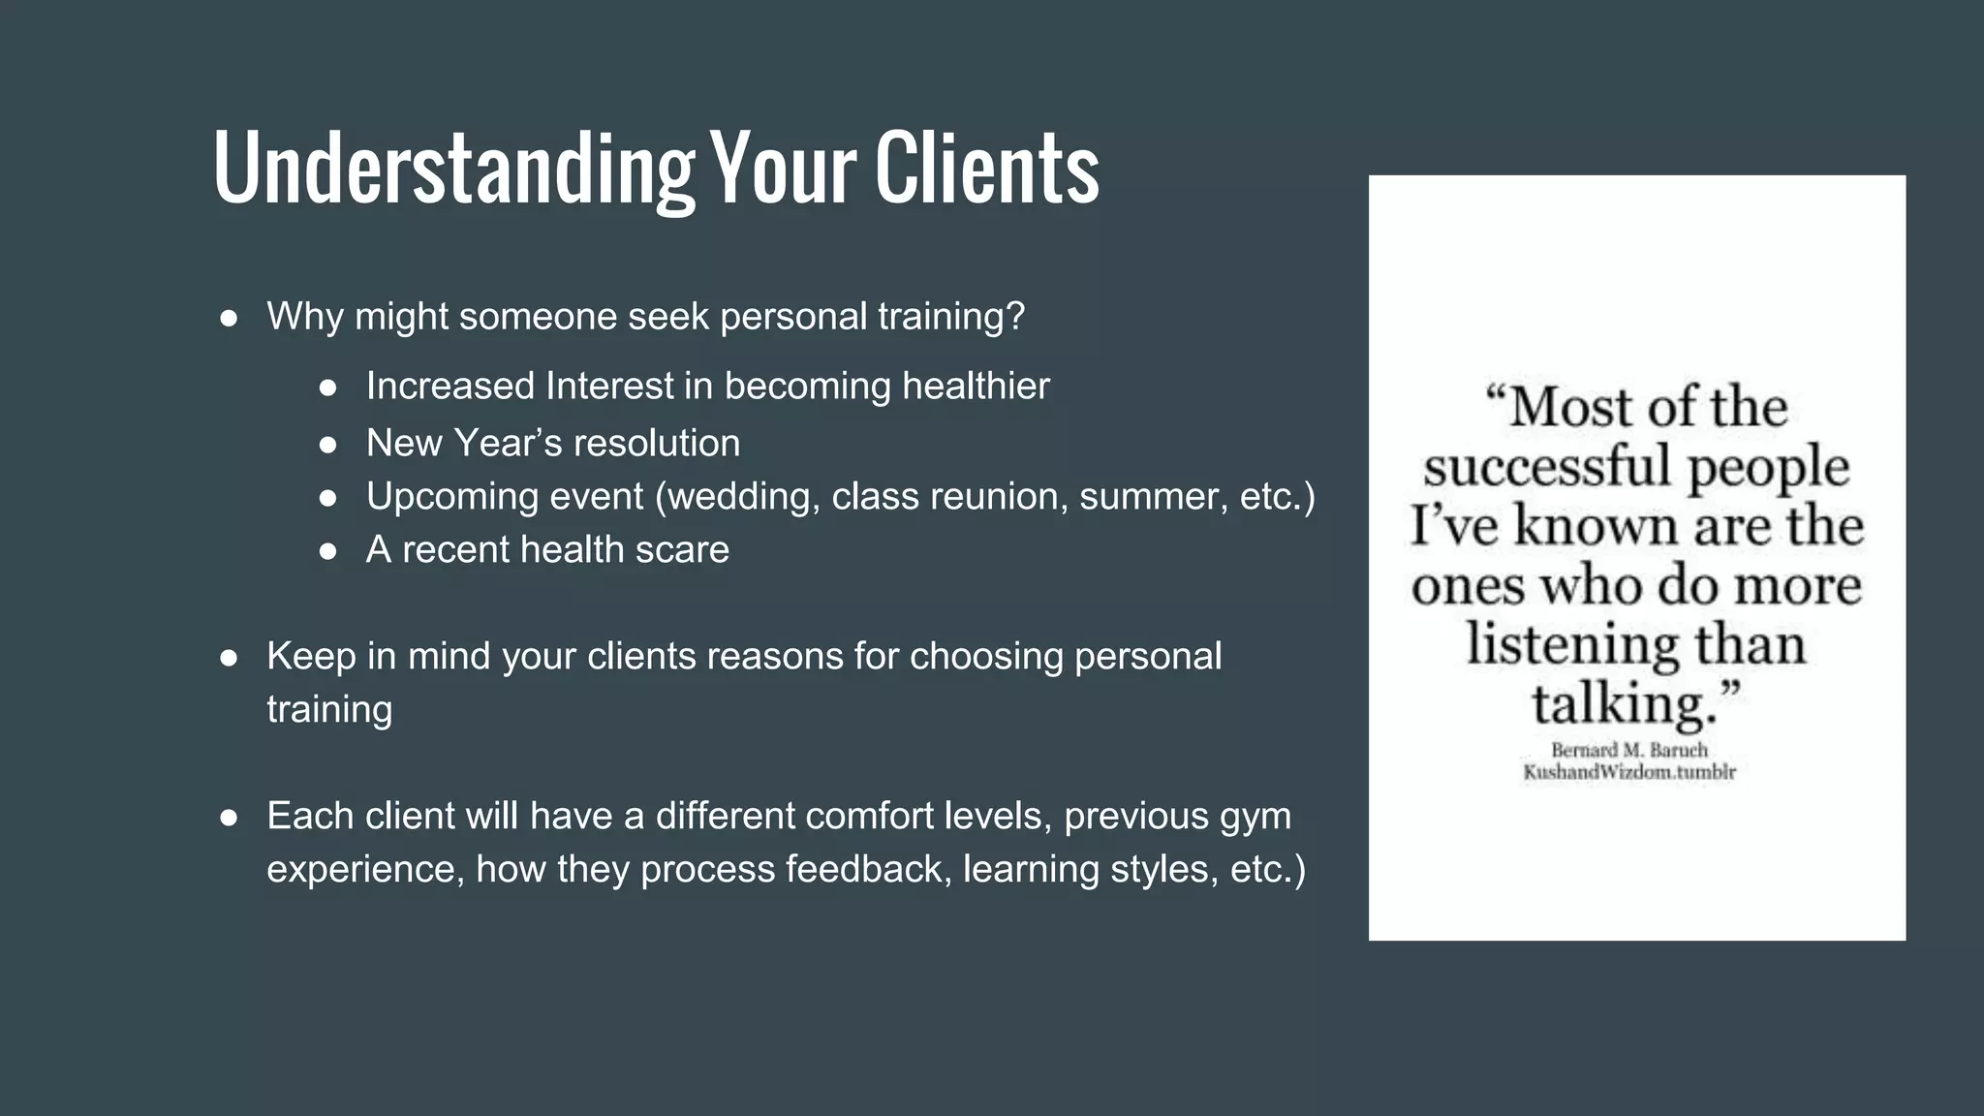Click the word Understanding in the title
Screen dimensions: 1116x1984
(453, 170)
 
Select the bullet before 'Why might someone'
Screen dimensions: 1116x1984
(230, 319)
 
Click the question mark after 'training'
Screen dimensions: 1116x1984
(1015, 317)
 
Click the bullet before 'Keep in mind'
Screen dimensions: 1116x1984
(230, 659)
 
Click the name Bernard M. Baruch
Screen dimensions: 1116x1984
(1628, 750)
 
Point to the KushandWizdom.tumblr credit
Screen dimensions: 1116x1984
(1628, 772)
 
